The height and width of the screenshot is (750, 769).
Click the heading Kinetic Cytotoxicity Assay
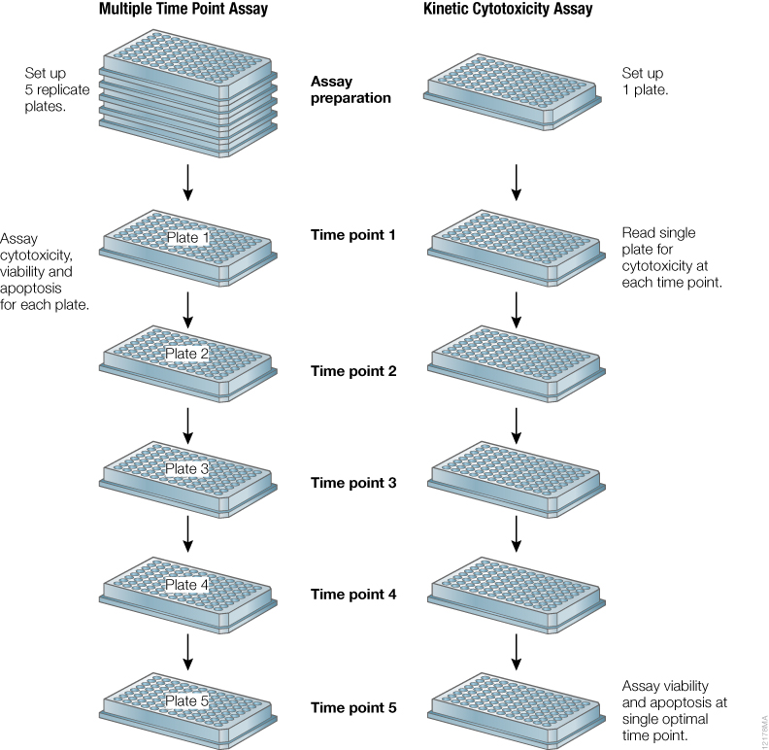click(508, 11)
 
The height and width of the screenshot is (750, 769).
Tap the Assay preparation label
click(351, 90)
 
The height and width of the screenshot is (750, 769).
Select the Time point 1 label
click(353, 235)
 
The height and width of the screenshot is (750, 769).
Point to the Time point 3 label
click(353, 483)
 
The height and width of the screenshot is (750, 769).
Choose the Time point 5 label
click(353, 708)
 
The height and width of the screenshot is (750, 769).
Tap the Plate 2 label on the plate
click(187, 354)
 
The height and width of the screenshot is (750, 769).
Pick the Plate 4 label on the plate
click(187, 585)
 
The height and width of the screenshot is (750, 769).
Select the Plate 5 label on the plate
click(187, 701)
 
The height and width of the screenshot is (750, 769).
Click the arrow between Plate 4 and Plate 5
click(188, 651)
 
